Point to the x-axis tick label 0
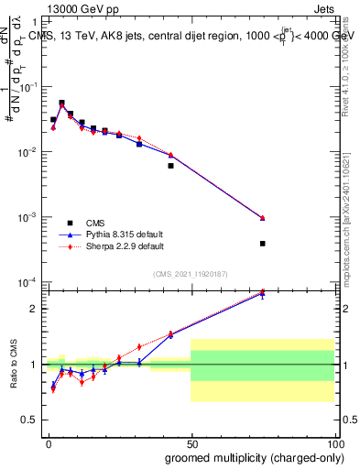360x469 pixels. (x=49, y=442)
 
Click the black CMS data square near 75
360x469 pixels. (x=262, y=244)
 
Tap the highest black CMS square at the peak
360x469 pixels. (x=61, y=103)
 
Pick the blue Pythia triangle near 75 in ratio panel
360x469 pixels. (x=262, y=294)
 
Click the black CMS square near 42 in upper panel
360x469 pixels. (x=170, y=166)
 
